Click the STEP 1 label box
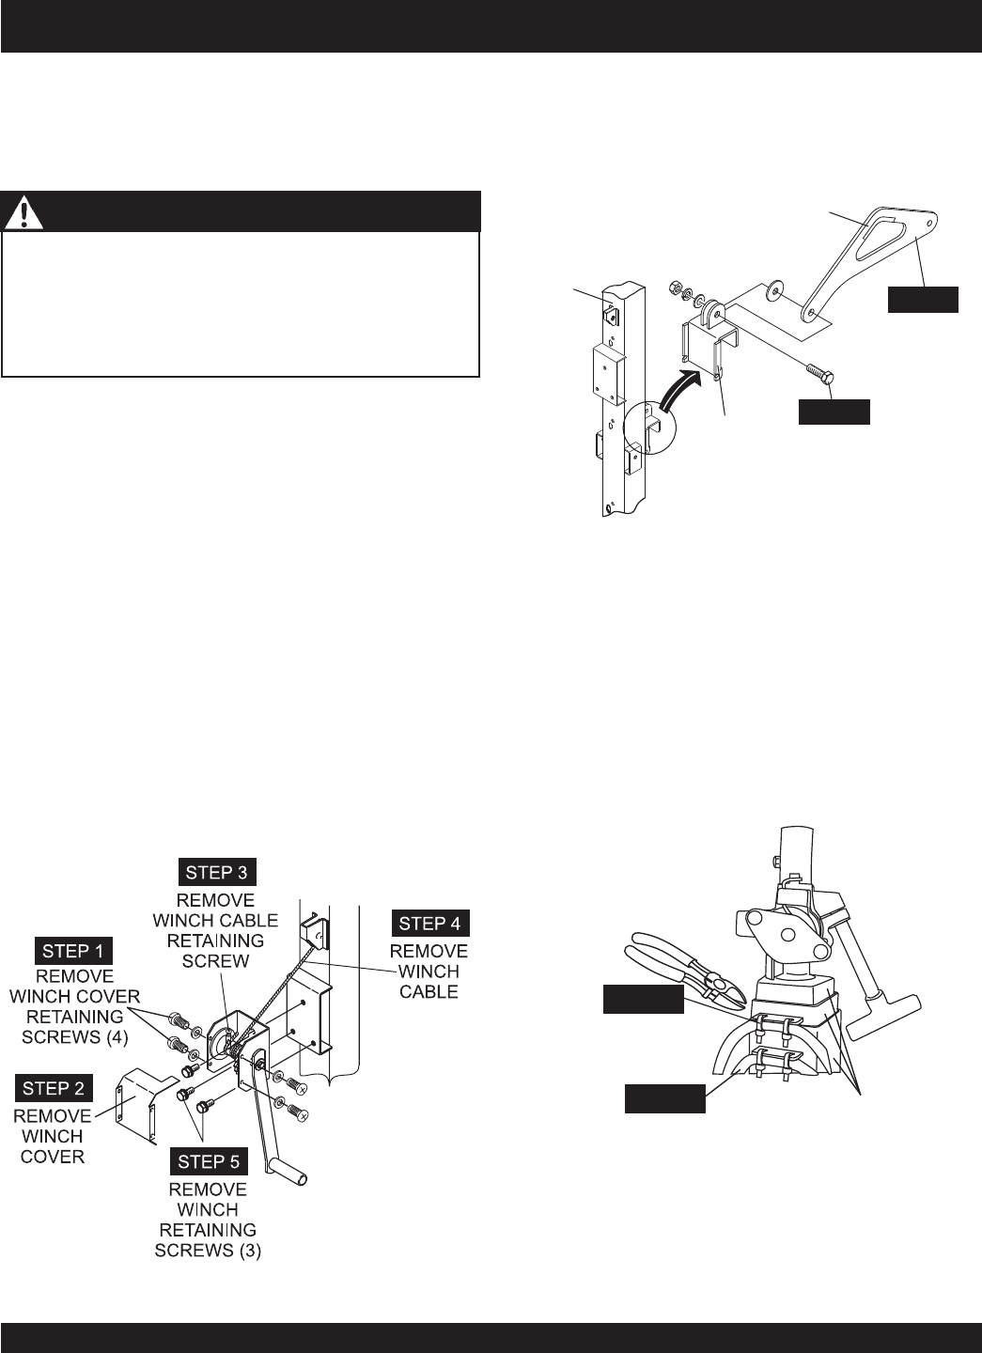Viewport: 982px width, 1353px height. coord(73,951)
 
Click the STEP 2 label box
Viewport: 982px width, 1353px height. coord(54,1088)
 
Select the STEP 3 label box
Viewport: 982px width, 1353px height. coord(217,872)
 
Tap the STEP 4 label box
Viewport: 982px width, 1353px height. coord(430,924)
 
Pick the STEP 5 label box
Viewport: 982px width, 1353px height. coord(209,1162)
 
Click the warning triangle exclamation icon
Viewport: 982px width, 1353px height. coord(23,211)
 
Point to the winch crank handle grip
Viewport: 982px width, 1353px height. coord(288,1170)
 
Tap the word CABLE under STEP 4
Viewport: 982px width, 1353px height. coord(429,992)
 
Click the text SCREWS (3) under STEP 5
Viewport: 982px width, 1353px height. coord(208,1251)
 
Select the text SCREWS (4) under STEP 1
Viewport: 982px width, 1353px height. coord(75,1036)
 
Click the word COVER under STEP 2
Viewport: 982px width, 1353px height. coord(53,1157)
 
